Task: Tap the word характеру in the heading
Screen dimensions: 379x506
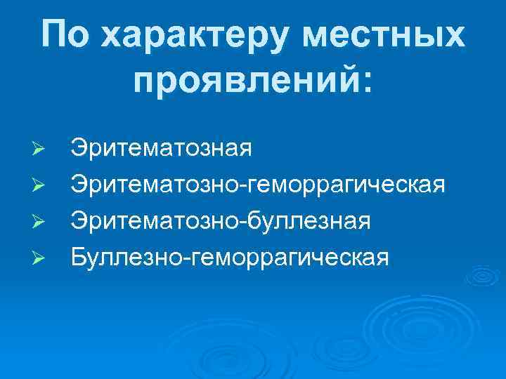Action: [187, 35]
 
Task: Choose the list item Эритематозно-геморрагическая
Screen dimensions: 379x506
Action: [257, 185]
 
